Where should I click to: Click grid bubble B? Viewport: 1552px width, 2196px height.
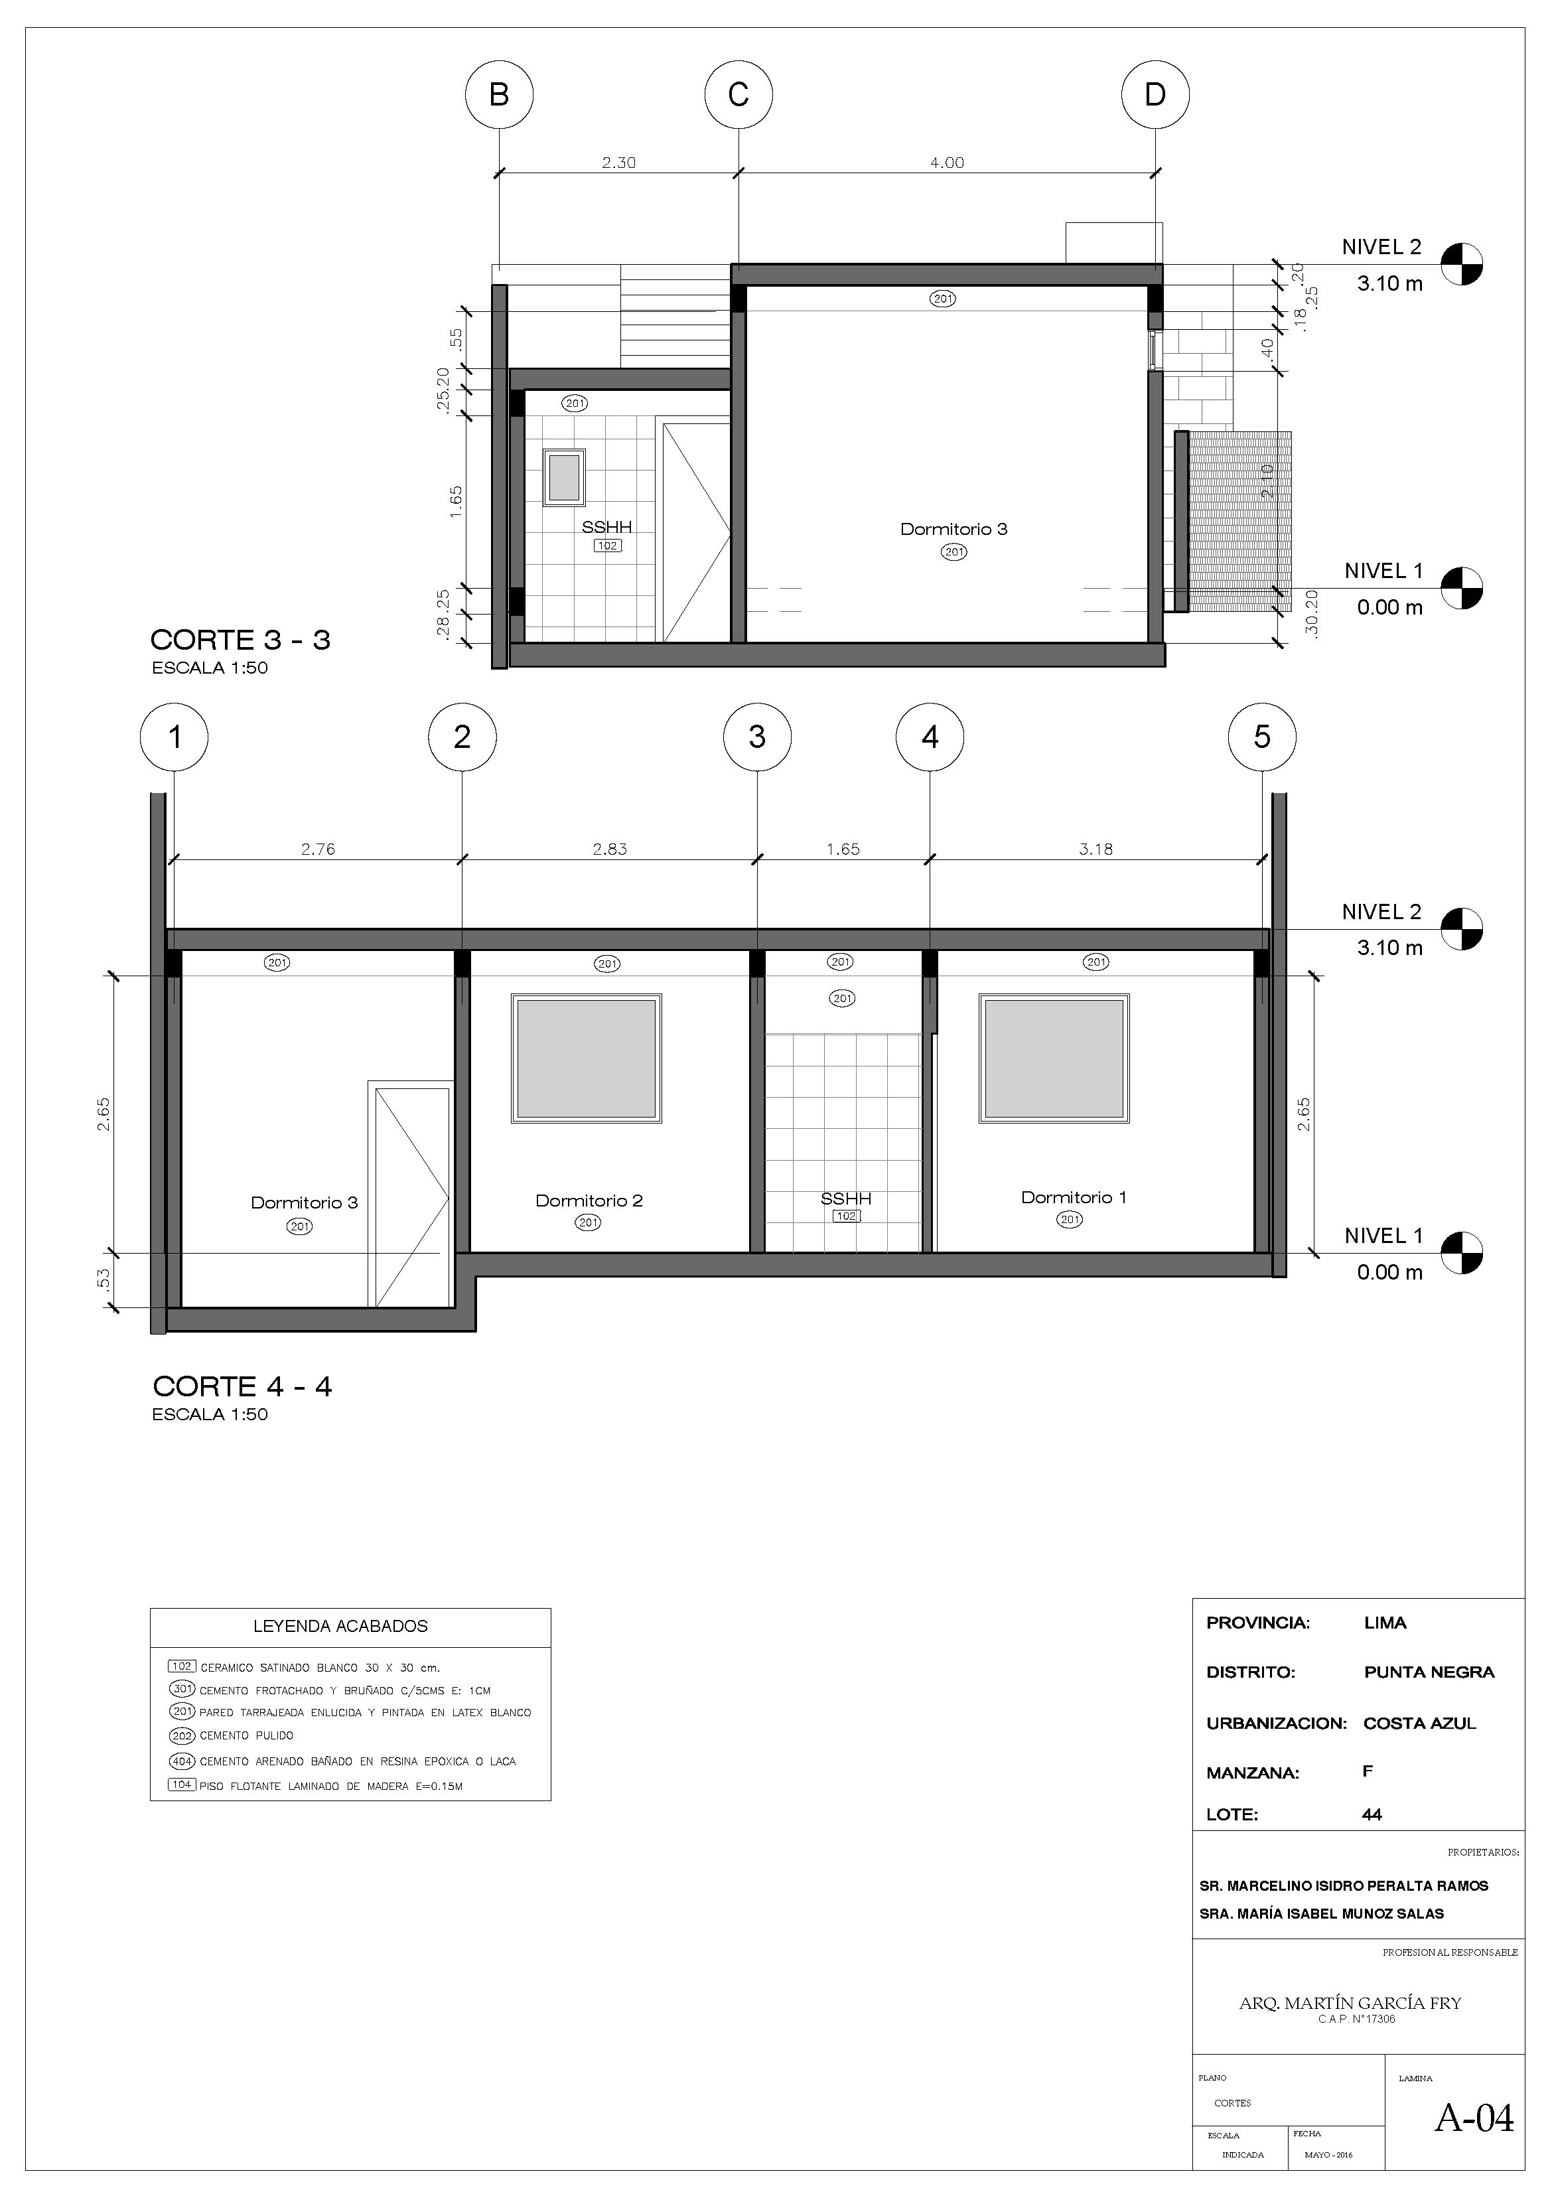click(x=498, y=95)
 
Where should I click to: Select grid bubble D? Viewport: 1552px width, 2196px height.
click(x=1155, y=95)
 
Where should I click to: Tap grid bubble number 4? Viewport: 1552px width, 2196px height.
click(x=930, y=737)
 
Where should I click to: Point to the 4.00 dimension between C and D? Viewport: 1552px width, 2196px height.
click(x=947, y=163)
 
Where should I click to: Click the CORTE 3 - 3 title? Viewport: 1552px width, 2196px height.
click(x=240, y=640)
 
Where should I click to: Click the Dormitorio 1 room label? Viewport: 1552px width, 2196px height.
click(x=1073, y=1197)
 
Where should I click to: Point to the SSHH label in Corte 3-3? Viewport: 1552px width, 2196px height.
click(x=606, y=526)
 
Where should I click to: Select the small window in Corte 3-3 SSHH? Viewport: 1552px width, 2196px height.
click(x=564, y=477)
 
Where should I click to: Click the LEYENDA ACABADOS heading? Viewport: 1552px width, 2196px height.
click(x=340, y=1625)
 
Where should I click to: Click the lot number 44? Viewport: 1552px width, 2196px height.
click(x=1372, y=1814)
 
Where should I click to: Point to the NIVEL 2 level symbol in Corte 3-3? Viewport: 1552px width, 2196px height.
click(x=1462, y=265)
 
